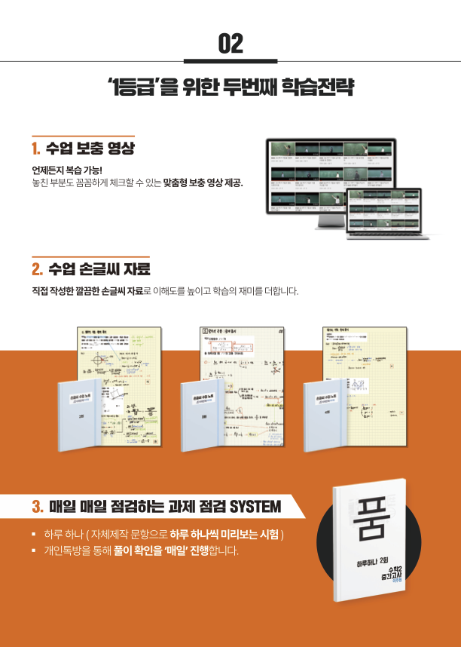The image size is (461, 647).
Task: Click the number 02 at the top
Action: tap(230, 44)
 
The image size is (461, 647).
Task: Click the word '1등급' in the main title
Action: tap(132, 85)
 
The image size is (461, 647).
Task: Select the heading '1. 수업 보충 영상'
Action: tap(83, 148)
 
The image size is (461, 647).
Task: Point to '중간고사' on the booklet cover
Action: tap(385, 583)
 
